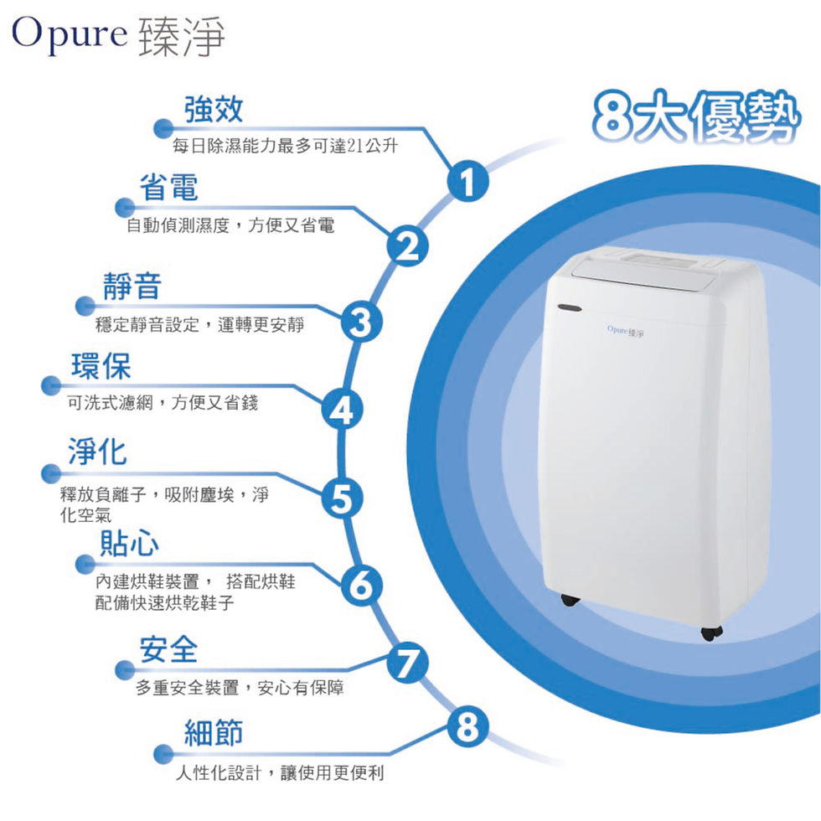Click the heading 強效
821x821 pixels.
(x=214, y=107)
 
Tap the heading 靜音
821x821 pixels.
(x=132, y=287)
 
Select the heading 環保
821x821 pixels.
(x=101, y=366)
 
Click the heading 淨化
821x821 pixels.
(x=97, y=452)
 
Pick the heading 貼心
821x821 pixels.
(x=128, y=543)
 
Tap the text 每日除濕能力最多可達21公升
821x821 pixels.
(x=284, y=147)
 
